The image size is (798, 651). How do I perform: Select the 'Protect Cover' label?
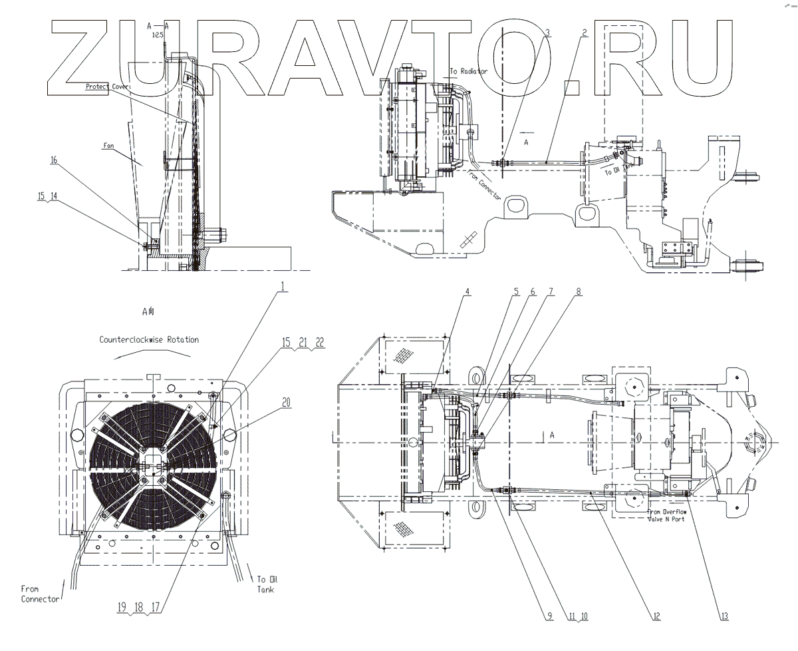[x=107, y=87]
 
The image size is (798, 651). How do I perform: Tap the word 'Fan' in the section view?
[x=110, y=143]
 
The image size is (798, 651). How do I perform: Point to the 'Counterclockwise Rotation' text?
[x=149, y=339]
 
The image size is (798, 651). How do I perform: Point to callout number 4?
[x=467, y=291]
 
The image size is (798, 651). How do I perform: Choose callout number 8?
[x=578, y=291]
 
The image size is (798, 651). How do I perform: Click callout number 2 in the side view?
[x=584, y=33]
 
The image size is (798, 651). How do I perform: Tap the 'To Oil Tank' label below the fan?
[x=265, y=584]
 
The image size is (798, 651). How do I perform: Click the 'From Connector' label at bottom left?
[x=39, y=593]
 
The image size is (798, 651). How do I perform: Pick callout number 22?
[x=321, y=342]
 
